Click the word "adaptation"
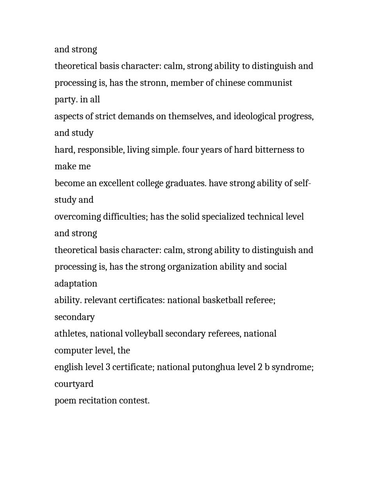[x=76, y=284]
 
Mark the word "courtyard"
[x=74, y=384]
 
